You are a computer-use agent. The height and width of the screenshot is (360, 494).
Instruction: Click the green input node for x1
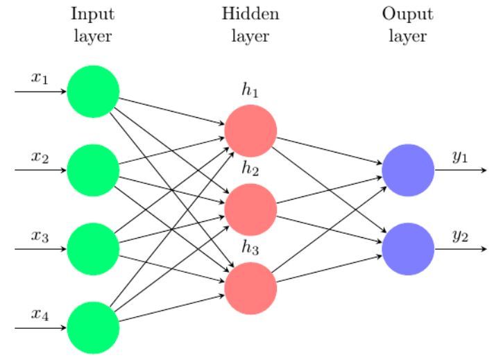[93, 92]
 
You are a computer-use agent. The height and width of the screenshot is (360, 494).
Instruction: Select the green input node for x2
[93, 170]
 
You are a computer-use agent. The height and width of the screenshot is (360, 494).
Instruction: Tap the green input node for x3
[93, 249]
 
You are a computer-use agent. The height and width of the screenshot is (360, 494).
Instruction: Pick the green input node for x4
[93, 327]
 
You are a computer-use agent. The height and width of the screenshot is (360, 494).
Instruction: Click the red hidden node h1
[250, 130]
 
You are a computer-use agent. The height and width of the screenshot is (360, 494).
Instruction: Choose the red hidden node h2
[250, 209]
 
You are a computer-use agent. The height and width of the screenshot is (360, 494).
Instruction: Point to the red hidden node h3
[250, 288]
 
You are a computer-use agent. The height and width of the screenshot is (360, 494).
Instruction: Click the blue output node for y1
[408, 170]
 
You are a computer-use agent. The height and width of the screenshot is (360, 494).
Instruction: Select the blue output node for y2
[408, 249]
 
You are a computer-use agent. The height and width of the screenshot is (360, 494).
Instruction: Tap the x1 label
[40, 78]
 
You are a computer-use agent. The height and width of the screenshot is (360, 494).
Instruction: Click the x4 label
[40, 314]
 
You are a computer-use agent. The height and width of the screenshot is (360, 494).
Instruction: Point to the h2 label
[250, 169]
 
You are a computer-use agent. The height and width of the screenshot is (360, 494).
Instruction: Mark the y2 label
[460, 236]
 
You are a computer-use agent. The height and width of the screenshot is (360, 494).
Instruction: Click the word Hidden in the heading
[250, 14]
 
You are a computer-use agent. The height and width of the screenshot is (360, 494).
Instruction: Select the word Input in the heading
[93, 15]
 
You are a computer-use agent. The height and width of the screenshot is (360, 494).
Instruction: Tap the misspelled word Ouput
[408, 15]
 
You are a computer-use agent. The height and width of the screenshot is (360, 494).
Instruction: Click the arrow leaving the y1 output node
[461, 170]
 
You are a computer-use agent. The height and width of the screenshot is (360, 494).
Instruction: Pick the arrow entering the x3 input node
[41, 249]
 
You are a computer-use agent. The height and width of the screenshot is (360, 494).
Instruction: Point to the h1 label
[250, 89]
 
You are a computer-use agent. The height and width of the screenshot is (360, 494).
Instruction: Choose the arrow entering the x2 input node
[41, 170]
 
